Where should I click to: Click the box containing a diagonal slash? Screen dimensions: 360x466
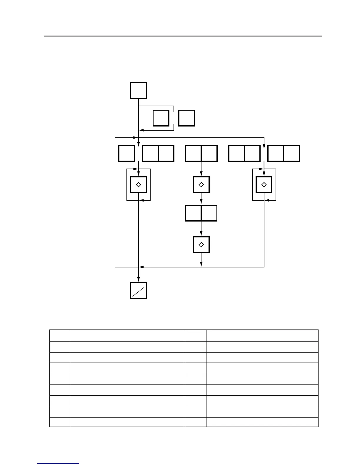pyautogui.click(x=139, y=291)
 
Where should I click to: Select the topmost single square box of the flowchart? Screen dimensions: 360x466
pyautogui.click(x=139, y=91)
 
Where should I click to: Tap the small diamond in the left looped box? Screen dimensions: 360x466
pyautogui.click(x=139, y=185)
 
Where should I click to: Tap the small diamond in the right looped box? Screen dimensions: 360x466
pyautogui.click(x=264, y=185)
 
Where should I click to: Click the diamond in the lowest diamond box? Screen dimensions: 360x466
pyautogui.click(x=201, y=245)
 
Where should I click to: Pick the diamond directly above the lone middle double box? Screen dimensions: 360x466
pyautogui.click(x=201, y=185)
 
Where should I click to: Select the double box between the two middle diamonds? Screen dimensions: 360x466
pyautogui.click(x=201, y=213)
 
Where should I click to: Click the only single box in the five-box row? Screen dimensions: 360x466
pyautogui.click(x=127, y=153)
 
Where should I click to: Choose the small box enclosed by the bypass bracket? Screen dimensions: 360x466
pyautogui.click(x=161, y=118)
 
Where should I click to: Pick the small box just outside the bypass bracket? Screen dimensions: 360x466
pyautogui.click(x=186, y=118)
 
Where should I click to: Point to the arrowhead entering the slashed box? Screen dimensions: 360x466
pyautogui.click(x=139, y=280)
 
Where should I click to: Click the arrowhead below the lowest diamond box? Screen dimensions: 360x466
pyautogui.click(x=201, y=264)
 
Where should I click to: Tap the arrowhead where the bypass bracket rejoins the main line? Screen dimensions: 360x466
pyautogui.click(x=141, y=130)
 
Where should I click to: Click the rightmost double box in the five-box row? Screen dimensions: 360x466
pyautogui.click(x=284, y=153)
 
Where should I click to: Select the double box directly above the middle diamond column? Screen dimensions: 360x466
pyautogui.click(x=201, y=153)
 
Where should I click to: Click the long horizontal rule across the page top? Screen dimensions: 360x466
pyautogui.click(x=183, y=36)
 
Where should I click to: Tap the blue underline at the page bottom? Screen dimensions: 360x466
pyautogui.click(x=58, y=464)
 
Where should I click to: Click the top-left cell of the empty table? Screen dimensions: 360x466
pyautogui.click(x=60, y=336)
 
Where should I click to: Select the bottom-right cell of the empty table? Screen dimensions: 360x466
pyautogui.click(x=262, y=422)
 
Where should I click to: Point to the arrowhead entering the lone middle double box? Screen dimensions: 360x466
pyautogui.click(x=201, y=202)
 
